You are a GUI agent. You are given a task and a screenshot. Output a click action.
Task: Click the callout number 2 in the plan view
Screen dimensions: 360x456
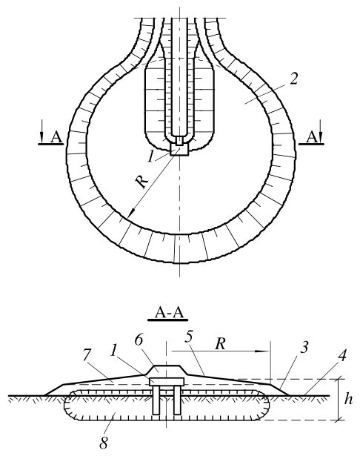click(293, 79)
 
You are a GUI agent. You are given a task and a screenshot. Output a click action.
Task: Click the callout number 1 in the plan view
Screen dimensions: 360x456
click(150, 156)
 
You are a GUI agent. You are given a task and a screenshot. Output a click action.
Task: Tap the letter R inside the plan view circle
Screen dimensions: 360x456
click(141, 182)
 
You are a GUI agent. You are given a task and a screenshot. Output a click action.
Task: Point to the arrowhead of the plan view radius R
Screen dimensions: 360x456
click(130, 214)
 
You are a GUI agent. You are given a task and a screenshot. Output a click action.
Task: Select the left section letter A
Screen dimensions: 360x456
click(56, 137)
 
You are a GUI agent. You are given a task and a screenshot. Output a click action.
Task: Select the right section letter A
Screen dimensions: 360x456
click(312, 137)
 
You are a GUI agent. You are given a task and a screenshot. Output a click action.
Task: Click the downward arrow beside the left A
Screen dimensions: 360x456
click(41, 131)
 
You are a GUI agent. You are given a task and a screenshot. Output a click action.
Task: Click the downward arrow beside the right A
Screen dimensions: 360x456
click(321, 131)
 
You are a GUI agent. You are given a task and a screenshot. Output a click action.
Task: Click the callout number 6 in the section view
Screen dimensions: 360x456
click(139, 340)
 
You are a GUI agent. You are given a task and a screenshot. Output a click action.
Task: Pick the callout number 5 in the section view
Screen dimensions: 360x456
click(189, 337)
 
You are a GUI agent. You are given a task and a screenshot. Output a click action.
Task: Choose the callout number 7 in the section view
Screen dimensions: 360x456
click(87, 355)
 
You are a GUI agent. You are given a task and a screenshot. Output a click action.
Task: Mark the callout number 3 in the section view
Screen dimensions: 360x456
click(304, 347)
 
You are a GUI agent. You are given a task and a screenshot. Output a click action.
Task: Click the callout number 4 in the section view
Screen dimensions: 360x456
click(343, 355)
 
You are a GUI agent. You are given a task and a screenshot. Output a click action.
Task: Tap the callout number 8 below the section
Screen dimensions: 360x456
click(104, 443)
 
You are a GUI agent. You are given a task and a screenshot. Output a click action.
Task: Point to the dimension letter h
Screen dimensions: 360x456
click(348, 399)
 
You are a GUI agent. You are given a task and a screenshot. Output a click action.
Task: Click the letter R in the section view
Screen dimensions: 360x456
click(221, 344)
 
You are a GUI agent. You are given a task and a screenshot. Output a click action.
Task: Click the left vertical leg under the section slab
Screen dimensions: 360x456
click(156, 400)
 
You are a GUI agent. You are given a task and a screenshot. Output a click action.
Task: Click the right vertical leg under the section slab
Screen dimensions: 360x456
click(177, 400)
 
